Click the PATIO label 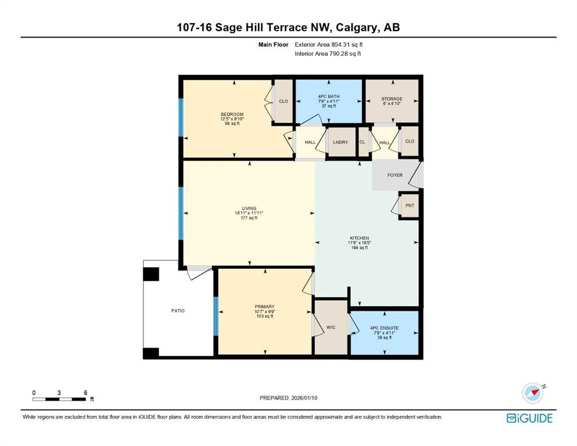point(178,311)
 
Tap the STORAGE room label point(392,99)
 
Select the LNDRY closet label point(341,142)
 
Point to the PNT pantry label point(410,206)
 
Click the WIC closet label point(331,327)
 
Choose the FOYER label point(395,175)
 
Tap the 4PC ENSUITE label point(384,328)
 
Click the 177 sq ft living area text point(249,218)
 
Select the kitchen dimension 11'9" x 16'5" point(360,243)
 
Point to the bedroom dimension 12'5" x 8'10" point(232,119)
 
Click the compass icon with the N point(533,393)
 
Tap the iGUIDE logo point(529,418)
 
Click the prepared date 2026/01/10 point(304,398)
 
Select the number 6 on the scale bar point(85,393)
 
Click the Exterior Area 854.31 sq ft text point(329,45)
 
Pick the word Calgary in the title point(357,27)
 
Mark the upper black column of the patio point(151,274)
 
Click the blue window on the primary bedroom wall point(216,316)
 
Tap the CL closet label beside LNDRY point(362,142)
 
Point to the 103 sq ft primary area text point(264,316)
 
